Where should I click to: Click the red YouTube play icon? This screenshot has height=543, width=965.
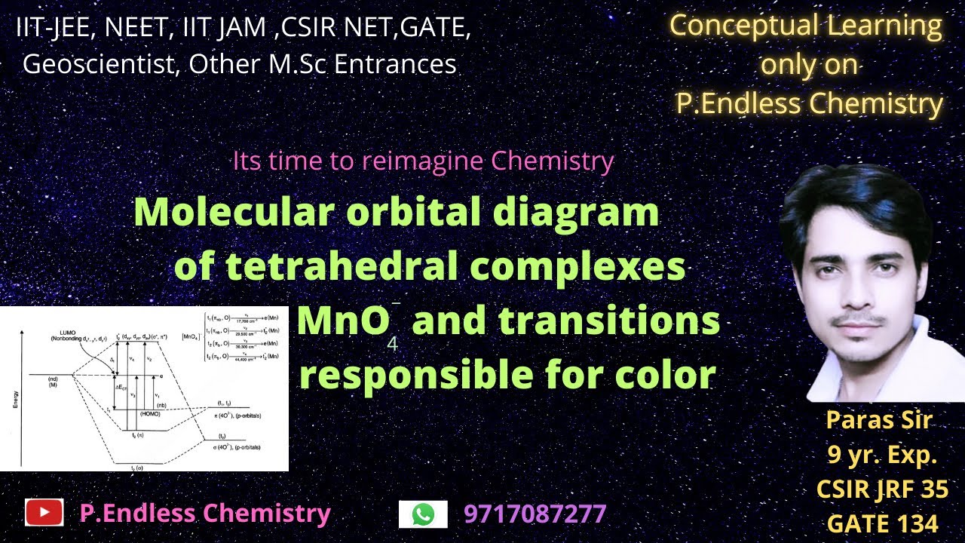(x=44, y=514)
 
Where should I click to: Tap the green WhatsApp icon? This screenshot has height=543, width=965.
(x=423, y=514)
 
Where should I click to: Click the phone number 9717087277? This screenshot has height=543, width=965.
(x=535, y=514)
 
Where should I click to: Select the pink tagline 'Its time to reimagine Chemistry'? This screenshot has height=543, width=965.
(x=423, y=161)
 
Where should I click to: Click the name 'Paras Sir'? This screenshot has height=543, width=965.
(x=879, y=420)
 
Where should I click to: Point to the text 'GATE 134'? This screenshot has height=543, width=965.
(x=882, y=523)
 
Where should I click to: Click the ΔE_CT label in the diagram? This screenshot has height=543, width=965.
(x=120, y=386)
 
